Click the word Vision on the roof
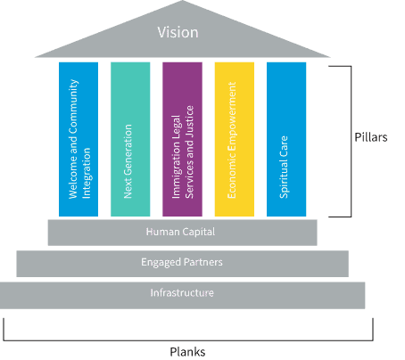point(178,33)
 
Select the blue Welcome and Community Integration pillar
point(79,138)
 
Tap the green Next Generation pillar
point(130,138)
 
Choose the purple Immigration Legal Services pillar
point(182,138)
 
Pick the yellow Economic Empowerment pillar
point(234,138)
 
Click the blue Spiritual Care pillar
point(286,138)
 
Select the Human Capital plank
point(182,232)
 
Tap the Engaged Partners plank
point(182,262)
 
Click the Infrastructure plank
point(182,293)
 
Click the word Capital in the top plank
point(198,232)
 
